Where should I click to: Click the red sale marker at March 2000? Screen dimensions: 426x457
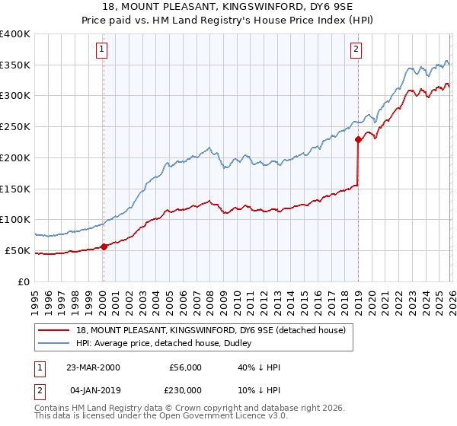pyautogui.click(x=104, y=246)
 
